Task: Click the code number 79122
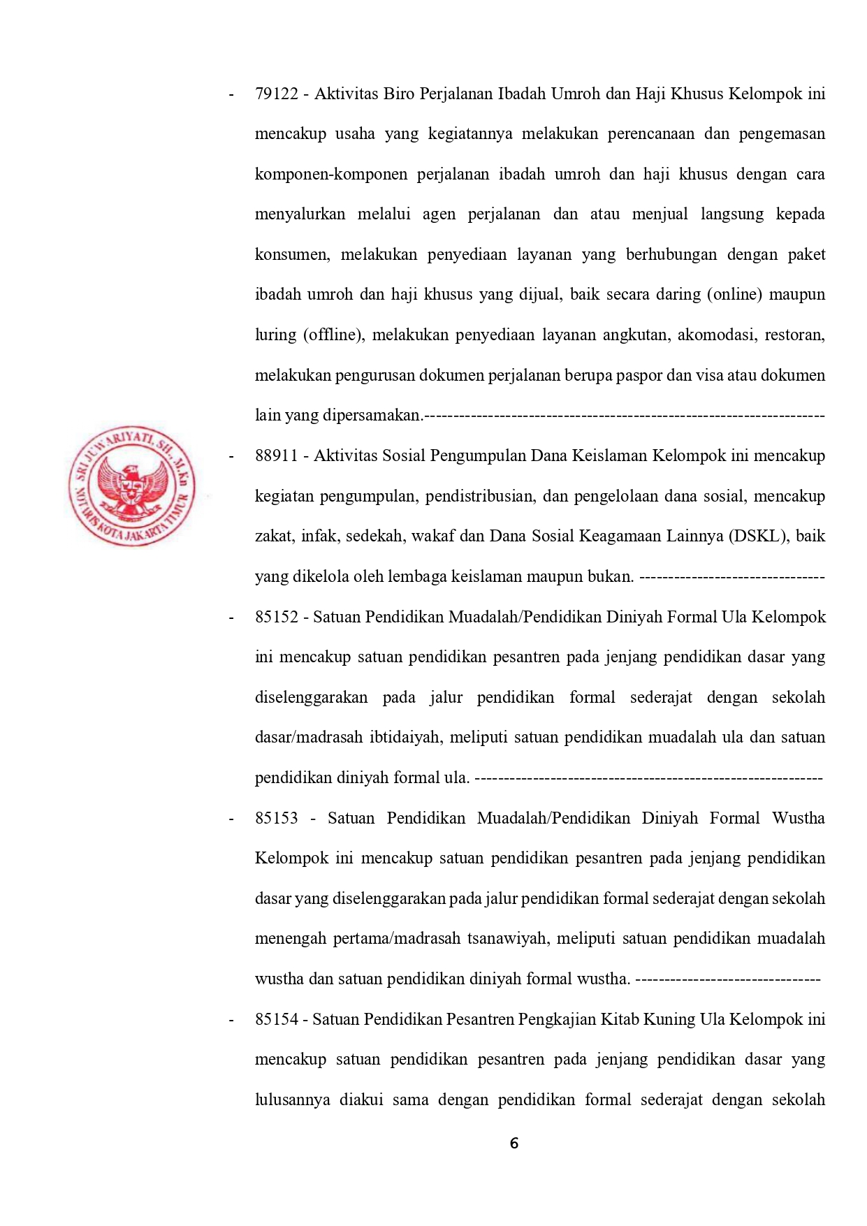tap(277, 94)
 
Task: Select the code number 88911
tap(277, 455)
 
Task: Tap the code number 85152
tap(277, 617)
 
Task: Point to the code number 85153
tap(277, 818)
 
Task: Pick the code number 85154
tap(277, 1019)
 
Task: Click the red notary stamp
tap(132, 486)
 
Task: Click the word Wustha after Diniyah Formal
tap(798, 818)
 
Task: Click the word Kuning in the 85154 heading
tap(672, 1019)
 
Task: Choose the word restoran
tap(794, 335)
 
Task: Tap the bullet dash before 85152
tap(231, 618)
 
